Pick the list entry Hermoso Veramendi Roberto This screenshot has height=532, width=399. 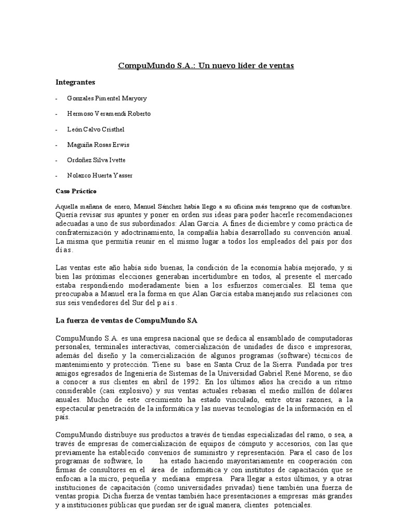[109, 113]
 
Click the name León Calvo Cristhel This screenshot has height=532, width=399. [96, 129]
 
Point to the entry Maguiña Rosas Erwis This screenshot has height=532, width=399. [98, 144]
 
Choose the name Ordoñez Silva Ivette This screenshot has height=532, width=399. [96, 160]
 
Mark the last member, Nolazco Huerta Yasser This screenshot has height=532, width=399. [100, 176]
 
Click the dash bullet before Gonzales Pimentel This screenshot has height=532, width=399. [57, 98]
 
